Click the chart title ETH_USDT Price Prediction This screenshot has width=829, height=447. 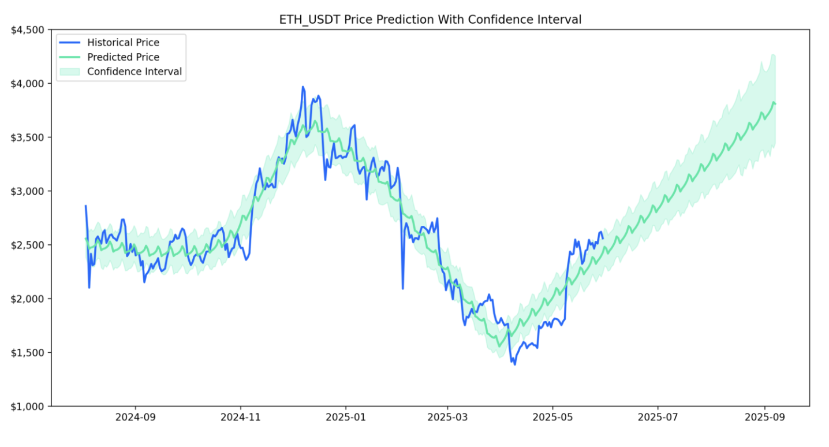click(x=430, y=20)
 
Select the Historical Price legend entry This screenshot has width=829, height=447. click(x=123, y=42)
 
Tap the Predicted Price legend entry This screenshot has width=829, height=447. click(x=123, y=57)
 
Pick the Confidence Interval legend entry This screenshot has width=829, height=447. click(x=134, y=72)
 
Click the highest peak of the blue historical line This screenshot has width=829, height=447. click(x=303, y=87)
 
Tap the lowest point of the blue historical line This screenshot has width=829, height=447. click(x=514, y=364)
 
